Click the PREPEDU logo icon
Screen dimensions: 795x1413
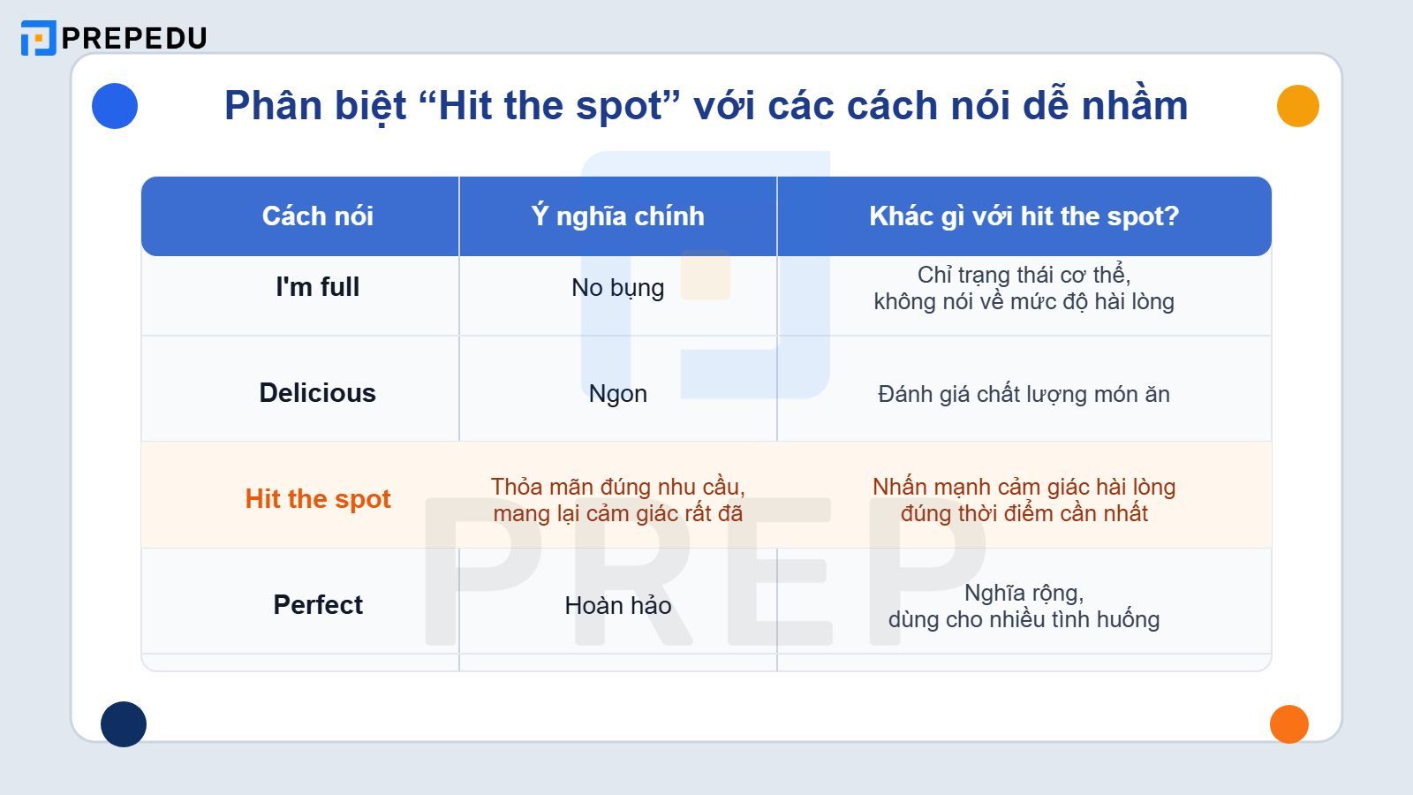pyautogui.click(x=38, y=38)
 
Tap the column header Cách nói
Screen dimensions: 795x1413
pyautogui.click(x=318, y=216)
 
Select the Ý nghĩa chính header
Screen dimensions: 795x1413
pyautogui.click(x=617, y=216)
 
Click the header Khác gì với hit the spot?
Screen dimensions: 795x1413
pyautogui.click(x=1024, y=216)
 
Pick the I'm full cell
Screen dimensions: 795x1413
pyautogui.click(x=318, y=287)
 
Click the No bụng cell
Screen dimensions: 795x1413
pyautogui.click(x=617, y=288)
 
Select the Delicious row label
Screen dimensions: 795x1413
pyautogui.click(x=318, y=393)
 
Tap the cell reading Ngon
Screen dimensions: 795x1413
pyautogui.click(x=617, y=394)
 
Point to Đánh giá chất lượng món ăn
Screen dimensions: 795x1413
pyautogui.click(x=1024, y=394)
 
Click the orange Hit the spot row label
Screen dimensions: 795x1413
pyautogui.click(x=318, y=499)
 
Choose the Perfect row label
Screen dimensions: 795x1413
pyautogui.click(x=318, y=605)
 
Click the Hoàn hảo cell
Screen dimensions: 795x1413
pyautogui.click(x=617, y=606)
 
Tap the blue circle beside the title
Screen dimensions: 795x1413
pyautogui.click(x=115, y=106)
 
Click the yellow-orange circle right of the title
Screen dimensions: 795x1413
pyautogui.click(x=1297, y=106)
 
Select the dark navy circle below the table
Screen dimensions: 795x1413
pyautogui.click(x=124, y=724)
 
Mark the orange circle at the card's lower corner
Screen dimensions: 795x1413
pyautogui.click(x=1288, y=724)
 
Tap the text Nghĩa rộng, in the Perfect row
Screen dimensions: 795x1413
pyautogui.click(x=1024, y=593)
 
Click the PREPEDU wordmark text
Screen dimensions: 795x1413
pyautogui.click(x=134, y=38)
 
